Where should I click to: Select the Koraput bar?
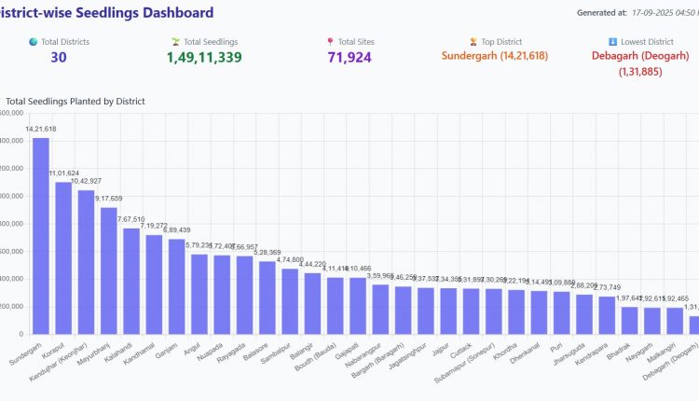(63, 257)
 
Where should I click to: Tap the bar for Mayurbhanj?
(109, 270)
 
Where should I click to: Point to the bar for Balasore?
(267, 297)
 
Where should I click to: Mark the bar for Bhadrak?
(629, 320)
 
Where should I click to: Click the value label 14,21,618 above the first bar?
(41, 129)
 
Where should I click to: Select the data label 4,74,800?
(290, 259)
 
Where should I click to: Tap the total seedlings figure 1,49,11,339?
(204, 58)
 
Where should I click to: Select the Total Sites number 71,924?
(350, 58)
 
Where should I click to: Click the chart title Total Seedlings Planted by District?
(75, 101)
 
